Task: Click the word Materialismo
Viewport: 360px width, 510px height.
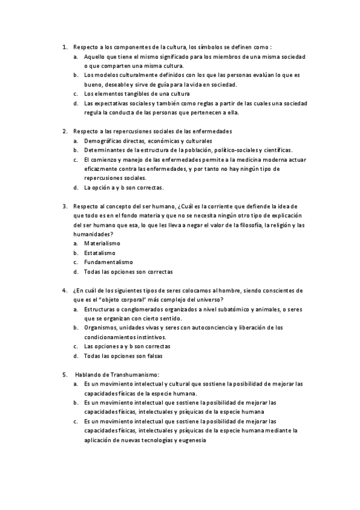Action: (102, 243)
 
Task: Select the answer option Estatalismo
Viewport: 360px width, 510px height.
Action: (100, 253)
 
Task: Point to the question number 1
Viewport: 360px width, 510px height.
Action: (64, 46)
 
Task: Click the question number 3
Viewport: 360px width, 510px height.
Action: (64, 206)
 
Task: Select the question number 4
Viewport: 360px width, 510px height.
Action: (64, 290)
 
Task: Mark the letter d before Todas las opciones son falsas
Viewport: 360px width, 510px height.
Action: (76, 356)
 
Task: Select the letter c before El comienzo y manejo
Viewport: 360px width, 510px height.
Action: (76, 159)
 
